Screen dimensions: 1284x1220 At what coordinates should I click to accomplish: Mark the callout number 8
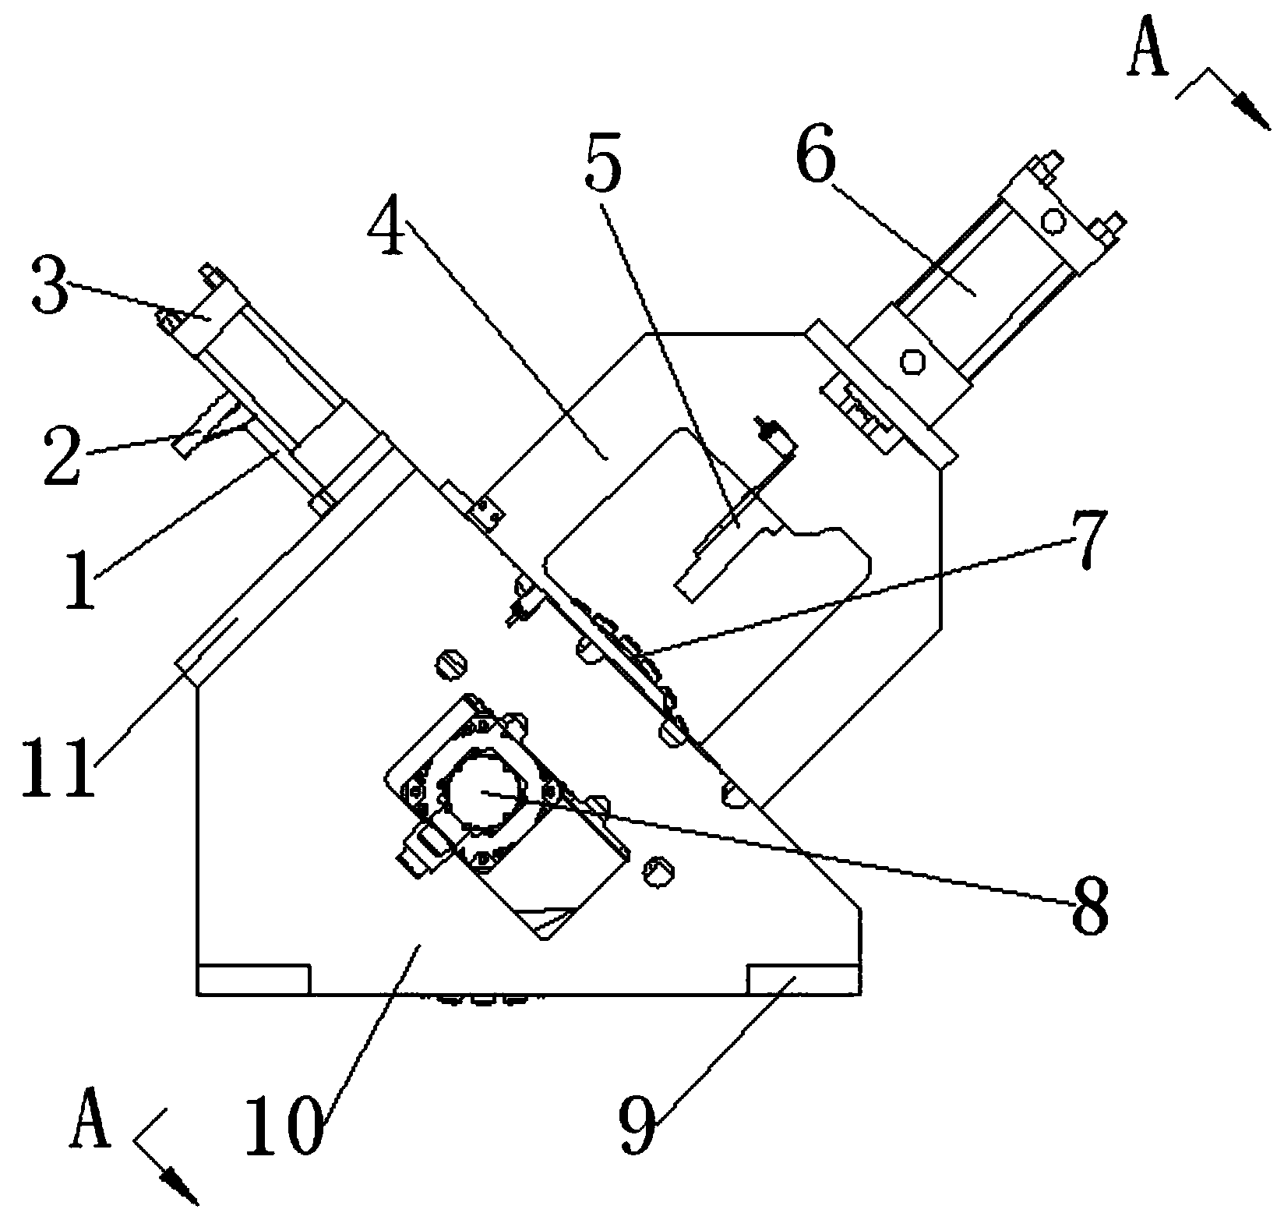coord(1089,904)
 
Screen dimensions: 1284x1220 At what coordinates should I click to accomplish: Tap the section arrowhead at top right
coord(1250,112)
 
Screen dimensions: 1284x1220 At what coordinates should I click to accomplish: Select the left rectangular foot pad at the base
coord(254,979)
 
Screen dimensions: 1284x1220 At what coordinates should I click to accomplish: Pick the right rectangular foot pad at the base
coord(803,978)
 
